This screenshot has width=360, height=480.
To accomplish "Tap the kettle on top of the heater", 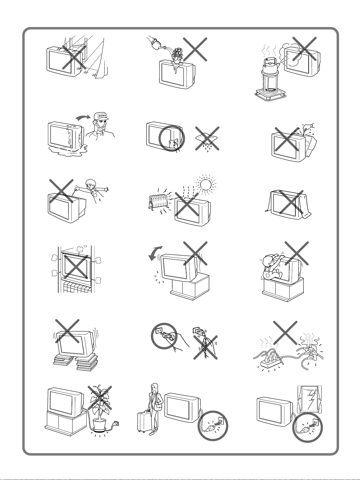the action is click(271, 64).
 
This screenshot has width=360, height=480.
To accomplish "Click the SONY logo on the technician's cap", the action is click(102, 116).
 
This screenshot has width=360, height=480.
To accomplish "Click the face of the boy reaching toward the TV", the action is click(89, 186).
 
